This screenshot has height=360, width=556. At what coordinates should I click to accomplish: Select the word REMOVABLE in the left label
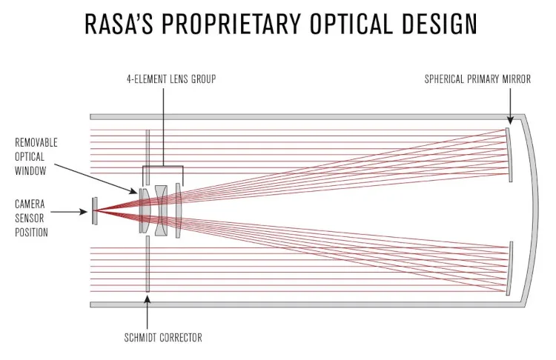click(x=36, y=141)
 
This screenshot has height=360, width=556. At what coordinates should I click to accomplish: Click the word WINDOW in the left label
click(x=30, y=171)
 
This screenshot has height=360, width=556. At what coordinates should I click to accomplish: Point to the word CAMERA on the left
click(x=30, y=203)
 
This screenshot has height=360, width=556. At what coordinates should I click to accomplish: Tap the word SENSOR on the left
click(x=30, y=218)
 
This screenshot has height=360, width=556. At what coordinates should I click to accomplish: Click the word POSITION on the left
click(x=31, y=232)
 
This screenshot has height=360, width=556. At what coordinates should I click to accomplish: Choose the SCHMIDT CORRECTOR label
click(x=158, y=338)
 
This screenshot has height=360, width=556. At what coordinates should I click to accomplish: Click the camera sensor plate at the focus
click(x=93, y=211)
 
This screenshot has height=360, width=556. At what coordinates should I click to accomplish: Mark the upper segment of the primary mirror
click(x=509, y=154)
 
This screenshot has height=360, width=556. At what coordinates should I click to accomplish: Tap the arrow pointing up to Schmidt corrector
click(x=148, y=311)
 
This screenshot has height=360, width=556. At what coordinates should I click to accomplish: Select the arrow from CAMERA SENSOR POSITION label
click(x=71, y=212)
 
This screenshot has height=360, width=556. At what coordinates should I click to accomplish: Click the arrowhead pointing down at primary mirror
click(x=509, y=119)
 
